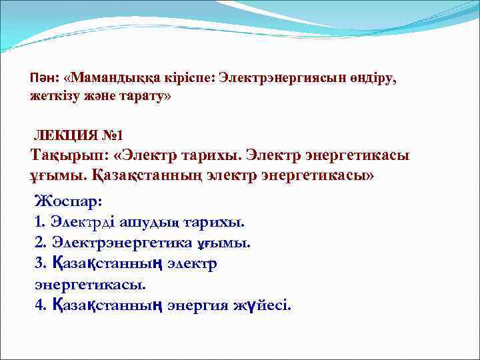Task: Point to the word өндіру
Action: point(371,78)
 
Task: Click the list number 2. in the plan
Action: point(39,243)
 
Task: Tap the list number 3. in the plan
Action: point(39,263)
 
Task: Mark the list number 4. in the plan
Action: point(39,306)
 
